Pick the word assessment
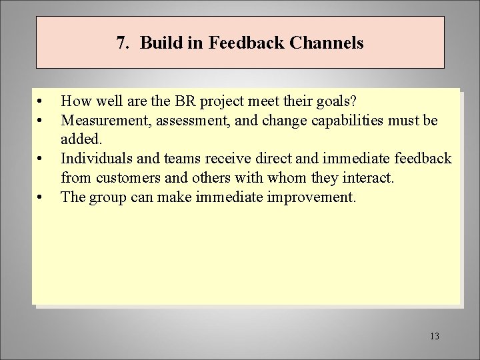[184, 121]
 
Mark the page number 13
[435, 335]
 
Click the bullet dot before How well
[41, 102]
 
